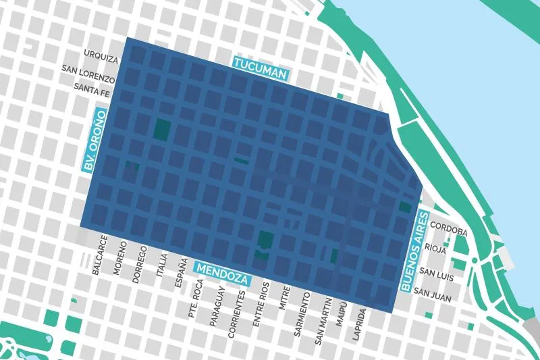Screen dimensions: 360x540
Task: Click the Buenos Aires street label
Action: click(414, 251)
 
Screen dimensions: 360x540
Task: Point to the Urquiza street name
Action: click(101, 53)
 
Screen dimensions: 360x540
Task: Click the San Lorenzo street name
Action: click(89, 70)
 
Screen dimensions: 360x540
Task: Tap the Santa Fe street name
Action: click(95, 88)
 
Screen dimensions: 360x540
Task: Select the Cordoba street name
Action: click(448, 232)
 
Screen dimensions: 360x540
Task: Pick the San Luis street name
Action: click(436, 272)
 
